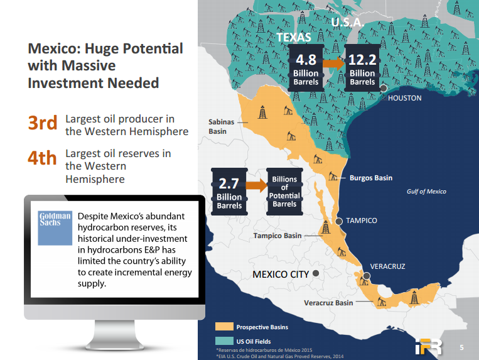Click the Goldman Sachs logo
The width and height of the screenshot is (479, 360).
55,228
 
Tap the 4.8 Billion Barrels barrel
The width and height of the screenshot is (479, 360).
306,68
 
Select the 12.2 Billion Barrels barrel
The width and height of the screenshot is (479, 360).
362,68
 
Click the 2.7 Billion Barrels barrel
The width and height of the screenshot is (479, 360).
229,192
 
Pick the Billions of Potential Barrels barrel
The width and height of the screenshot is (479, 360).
284,192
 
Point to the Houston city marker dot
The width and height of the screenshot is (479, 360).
383,89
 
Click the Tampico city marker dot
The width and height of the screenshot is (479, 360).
339,221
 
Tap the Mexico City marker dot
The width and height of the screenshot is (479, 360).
316,273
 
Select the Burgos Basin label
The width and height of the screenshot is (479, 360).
371,178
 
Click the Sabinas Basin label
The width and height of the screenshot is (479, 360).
222,126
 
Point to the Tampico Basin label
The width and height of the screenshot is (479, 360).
277,236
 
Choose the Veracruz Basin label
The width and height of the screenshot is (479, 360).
328,303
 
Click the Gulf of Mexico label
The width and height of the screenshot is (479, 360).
426,192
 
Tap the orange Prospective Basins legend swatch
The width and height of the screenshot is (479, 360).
224,326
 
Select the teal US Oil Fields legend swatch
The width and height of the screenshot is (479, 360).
224,341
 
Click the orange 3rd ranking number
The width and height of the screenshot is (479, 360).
43,123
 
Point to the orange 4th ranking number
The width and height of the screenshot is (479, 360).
42,158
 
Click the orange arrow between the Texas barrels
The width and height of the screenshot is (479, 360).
334,63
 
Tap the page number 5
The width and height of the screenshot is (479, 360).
461,347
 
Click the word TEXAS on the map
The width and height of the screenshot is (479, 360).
294,37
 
